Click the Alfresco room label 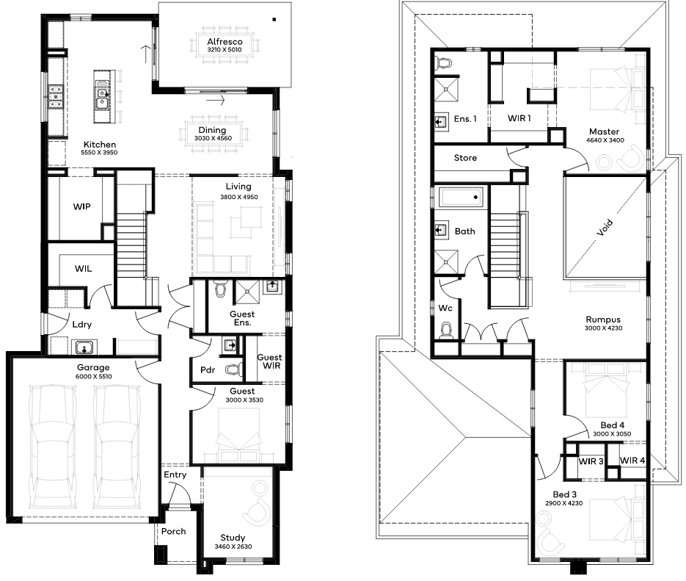coord(225,42)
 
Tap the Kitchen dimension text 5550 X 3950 coord(99,153)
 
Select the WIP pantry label coord(82,206)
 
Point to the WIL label coord(83,268)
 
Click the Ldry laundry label coord(82,325)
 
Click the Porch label coord(174,531)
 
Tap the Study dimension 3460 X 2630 coord(233,546)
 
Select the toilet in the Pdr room coord(234,370)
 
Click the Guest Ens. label coord(242,318)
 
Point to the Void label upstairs coord(605,228)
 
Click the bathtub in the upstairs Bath coord(461,198)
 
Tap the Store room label coord(465,158)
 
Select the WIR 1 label coord(519,118)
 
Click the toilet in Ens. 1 coord(444,63)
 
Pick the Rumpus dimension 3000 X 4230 coord(603,328)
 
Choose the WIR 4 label coord(632,460)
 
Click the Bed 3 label coord(564,495)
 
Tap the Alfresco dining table coord(225,45)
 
